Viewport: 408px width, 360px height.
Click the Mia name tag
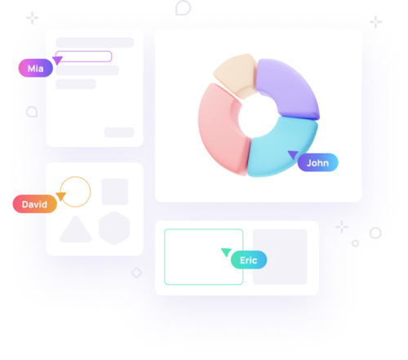pyautogui.click(x=35, y=68)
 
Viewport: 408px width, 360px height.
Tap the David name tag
pyautogui.click(x=34, y=204)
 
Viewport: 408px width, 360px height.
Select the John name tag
pyautogui.click(x=317, y=162)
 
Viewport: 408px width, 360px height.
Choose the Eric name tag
pyautogui.click(x=249, y=260)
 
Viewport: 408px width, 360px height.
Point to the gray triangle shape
pyautogui.click(x=76, y=231)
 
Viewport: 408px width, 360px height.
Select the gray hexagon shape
pyautogui.click(x=114, y=228)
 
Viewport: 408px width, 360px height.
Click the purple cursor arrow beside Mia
pyautogui.click(x=57, y=60)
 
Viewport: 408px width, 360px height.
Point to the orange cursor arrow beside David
pyautogui.click(x=61, y=197)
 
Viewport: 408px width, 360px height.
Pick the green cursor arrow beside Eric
pyautogui.click(x=226, y=252)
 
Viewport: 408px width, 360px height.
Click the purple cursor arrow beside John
pyautogui.click(x=293, y=155)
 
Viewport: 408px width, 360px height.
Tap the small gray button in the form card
pyautogui.click(x=119, y=132)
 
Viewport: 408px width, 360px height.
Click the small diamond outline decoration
pyautogui.click(x=136, y=273)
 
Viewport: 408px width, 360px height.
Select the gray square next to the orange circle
pyautogui.click(x=115, y=192)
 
